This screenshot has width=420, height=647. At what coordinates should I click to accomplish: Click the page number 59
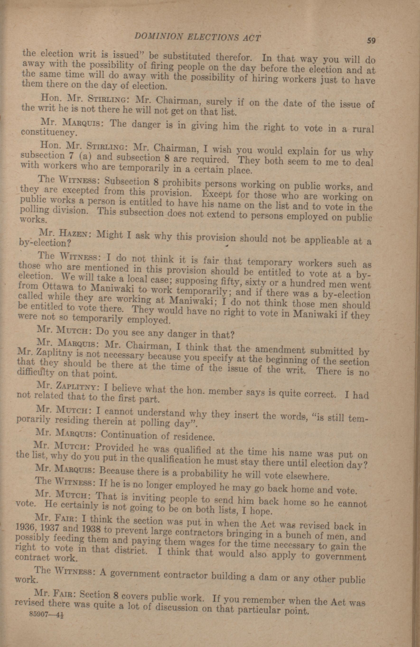click(371, 41)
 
